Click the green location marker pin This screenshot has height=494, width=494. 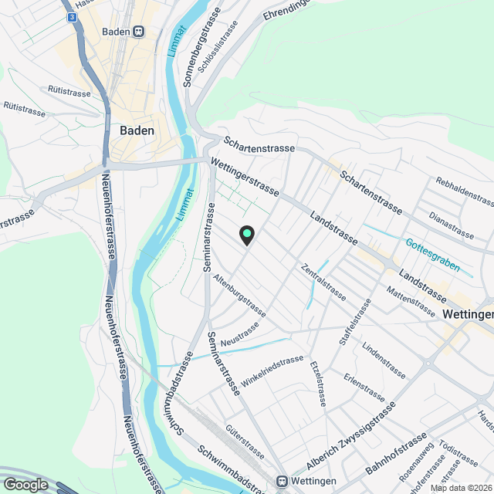247,234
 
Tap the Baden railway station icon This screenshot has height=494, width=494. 138,32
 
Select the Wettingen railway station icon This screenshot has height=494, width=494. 283,480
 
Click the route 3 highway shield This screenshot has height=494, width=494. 71,16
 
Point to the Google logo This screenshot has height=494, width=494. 25,484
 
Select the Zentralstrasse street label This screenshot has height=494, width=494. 324,281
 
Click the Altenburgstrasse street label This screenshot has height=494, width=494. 240,296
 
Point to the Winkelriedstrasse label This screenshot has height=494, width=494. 272,370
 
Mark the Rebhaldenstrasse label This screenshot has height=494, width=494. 464,191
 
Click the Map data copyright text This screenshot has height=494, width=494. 461,488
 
